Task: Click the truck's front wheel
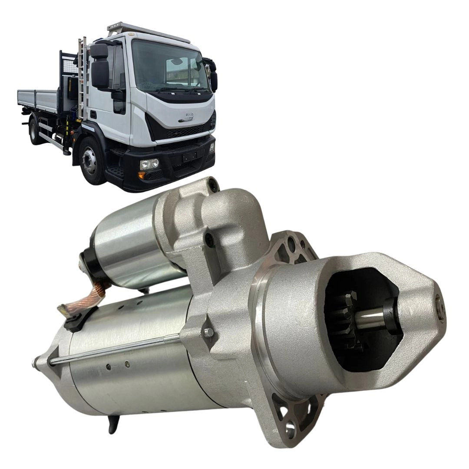point(90,160)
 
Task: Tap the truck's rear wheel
point(34,130)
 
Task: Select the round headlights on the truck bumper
point(149,164)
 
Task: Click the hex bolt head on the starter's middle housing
point(209,333)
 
